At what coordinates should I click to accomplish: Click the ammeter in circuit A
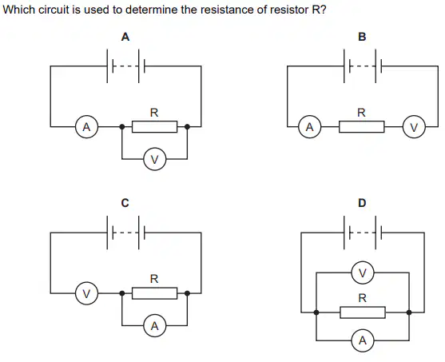86,126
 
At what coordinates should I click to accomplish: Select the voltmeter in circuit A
154,159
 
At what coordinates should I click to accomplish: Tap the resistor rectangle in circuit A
154,126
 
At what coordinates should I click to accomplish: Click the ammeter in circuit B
310,126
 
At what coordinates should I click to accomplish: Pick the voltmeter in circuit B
414,126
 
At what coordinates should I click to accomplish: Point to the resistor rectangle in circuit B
362,126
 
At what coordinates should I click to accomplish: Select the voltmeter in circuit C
86,293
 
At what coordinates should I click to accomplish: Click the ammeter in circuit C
154,325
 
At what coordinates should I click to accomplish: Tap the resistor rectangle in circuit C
154,293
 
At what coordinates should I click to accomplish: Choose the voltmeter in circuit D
363,272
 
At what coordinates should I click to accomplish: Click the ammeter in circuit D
363,340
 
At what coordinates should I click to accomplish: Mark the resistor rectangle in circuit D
363,312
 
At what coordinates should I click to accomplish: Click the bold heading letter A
125,37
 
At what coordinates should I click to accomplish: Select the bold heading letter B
362,37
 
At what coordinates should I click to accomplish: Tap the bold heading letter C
125,203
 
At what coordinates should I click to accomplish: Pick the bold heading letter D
362,203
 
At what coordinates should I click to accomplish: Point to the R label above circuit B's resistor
361,113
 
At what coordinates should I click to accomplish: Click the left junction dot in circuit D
316,312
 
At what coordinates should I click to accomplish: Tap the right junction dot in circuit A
187,126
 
